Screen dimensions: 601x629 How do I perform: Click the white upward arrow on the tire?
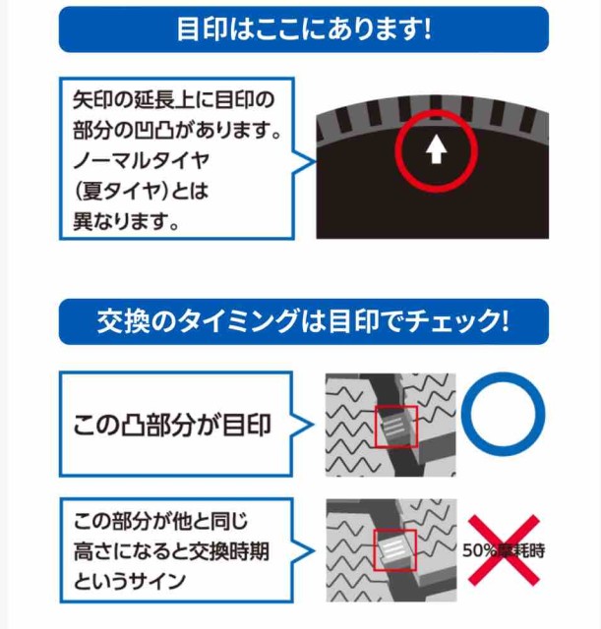(x=436, y=148)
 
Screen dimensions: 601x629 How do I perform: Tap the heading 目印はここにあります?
(x=304, y=29)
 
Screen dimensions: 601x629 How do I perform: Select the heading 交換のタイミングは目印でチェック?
(x=304, y=321)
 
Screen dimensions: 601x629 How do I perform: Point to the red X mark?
(x=504, y=550)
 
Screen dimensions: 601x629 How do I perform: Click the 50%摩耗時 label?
(x=504, y=550)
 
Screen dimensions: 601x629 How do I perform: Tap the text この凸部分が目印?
(x=172, y=425)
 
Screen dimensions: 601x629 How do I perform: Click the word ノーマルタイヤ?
(x=142, y=160)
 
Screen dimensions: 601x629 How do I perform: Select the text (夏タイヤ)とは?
(x=142, y=191)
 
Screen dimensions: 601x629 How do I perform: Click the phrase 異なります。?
(x=126, y=221)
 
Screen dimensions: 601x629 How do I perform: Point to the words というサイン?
(x=129, y=581)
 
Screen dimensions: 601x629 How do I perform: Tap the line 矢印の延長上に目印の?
(x=173, y=100)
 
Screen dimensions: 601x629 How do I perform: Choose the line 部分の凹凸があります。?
(x=177, y=131)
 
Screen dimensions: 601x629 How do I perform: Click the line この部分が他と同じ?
(x=161, y=521)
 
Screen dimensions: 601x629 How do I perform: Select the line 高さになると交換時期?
(x=171, y=551)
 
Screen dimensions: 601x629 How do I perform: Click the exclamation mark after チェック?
(x=505, y=321)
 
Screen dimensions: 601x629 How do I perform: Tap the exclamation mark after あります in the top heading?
(x=427, y=29)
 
